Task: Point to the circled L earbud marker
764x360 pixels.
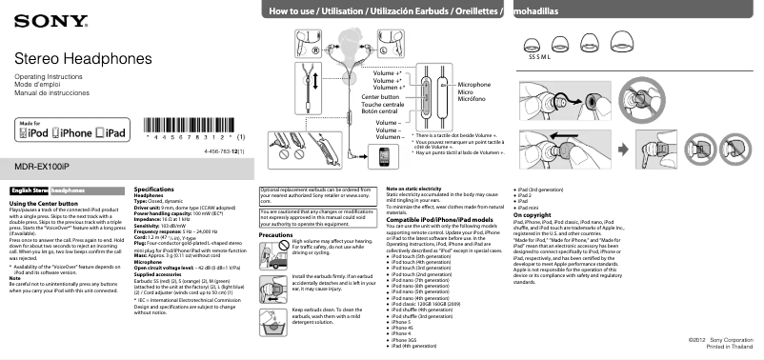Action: point(382,49)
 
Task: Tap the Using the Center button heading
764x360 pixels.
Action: point(43,204)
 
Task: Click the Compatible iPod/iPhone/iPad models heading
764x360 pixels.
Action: point(439,219)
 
